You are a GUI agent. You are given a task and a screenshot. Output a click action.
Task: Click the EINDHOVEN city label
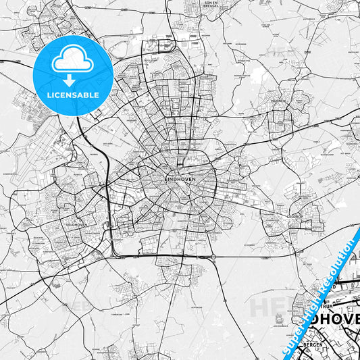tap(179, 178)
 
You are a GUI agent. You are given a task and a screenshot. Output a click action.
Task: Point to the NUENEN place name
tap(279, 100)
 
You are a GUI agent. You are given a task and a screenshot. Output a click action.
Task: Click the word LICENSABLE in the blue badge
tap(73, 95)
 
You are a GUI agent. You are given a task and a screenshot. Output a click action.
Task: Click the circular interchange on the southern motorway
tap(213, 258)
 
